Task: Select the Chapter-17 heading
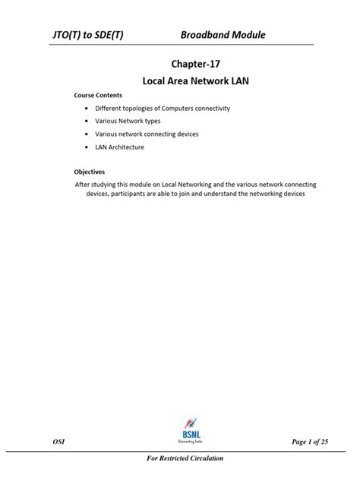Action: pyautogui.click(x=180, y=65)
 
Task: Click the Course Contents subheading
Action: pyautogui.click(x=98, y=96)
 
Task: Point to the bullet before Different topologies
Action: pyautogui.click(x=87, y=109)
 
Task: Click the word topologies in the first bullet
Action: pyautogui.click(x=152, y=109)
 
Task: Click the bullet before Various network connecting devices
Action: pyautogui.click(x=87, y=134)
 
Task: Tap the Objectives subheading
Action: pyautogui.click(x=89, y=172)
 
